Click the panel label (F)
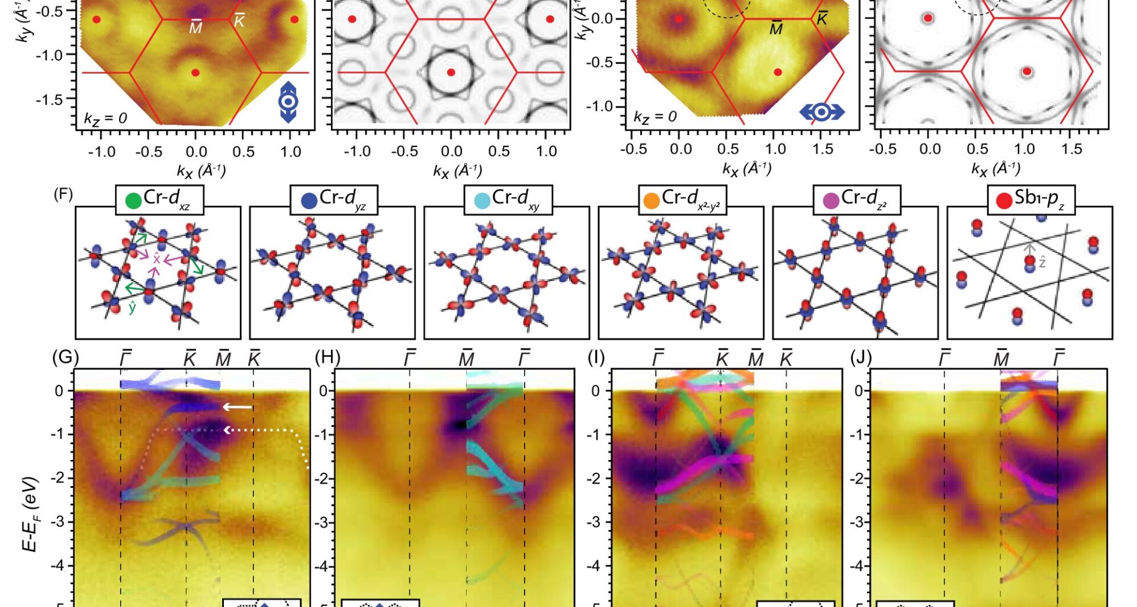coord(63,194)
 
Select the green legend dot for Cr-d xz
coord(134,200)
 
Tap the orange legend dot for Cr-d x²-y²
coord(651,200)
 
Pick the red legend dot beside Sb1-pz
coord(1004,200)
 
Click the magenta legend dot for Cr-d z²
coord(831,200)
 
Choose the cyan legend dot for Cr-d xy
coord(482,200)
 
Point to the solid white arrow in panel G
coord(237,407)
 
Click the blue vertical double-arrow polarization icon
coord(288,102)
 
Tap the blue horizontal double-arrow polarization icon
coord(821,112)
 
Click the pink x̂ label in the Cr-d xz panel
coord(157,259)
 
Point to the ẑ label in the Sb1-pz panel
coord(1042,262)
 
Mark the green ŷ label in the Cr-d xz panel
coord(133,306)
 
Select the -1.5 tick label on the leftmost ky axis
coord(50,99)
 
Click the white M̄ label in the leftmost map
coord(195,28)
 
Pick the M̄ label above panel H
coord(467,359)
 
